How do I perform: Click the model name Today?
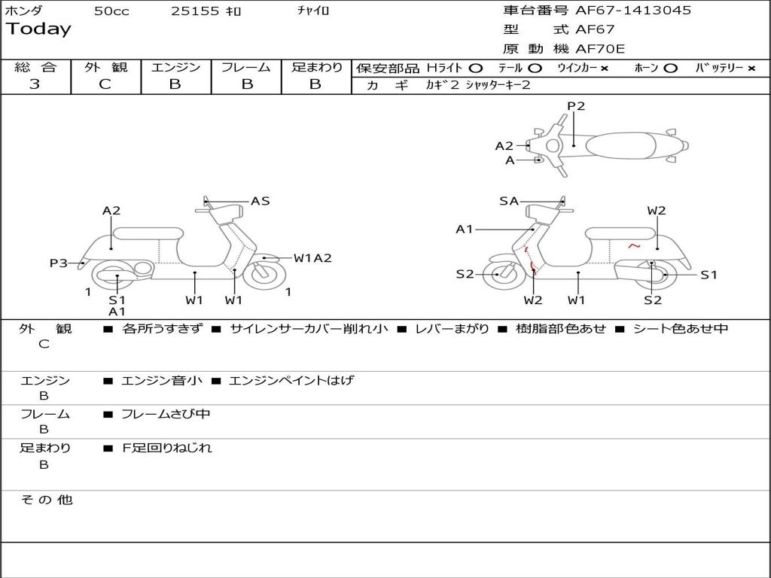[38, 29]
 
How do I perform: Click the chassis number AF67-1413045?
[633, 11]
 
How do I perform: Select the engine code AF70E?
[600, 49]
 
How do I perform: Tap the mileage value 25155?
[195, 11]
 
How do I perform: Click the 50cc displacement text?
[111, 11]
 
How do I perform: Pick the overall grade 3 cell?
[35, 84]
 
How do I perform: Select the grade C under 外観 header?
[105, 84]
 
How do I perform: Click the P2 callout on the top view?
[576, 106]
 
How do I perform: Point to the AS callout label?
[260, 201]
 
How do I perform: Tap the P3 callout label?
[59, 263]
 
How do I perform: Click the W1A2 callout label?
[312, 258]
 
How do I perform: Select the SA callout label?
[509, 201]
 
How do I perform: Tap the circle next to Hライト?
[476, 68]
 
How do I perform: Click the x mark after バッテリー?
[751, 68]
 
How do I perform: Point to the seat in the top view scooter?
[620, 145]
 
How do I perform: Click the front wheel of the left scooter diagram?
[264, 274]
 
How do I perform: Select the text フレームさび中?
[166, 415]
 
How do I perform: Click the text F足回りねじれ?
[166, 448]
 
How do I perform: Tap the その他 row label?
[46, 500]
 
